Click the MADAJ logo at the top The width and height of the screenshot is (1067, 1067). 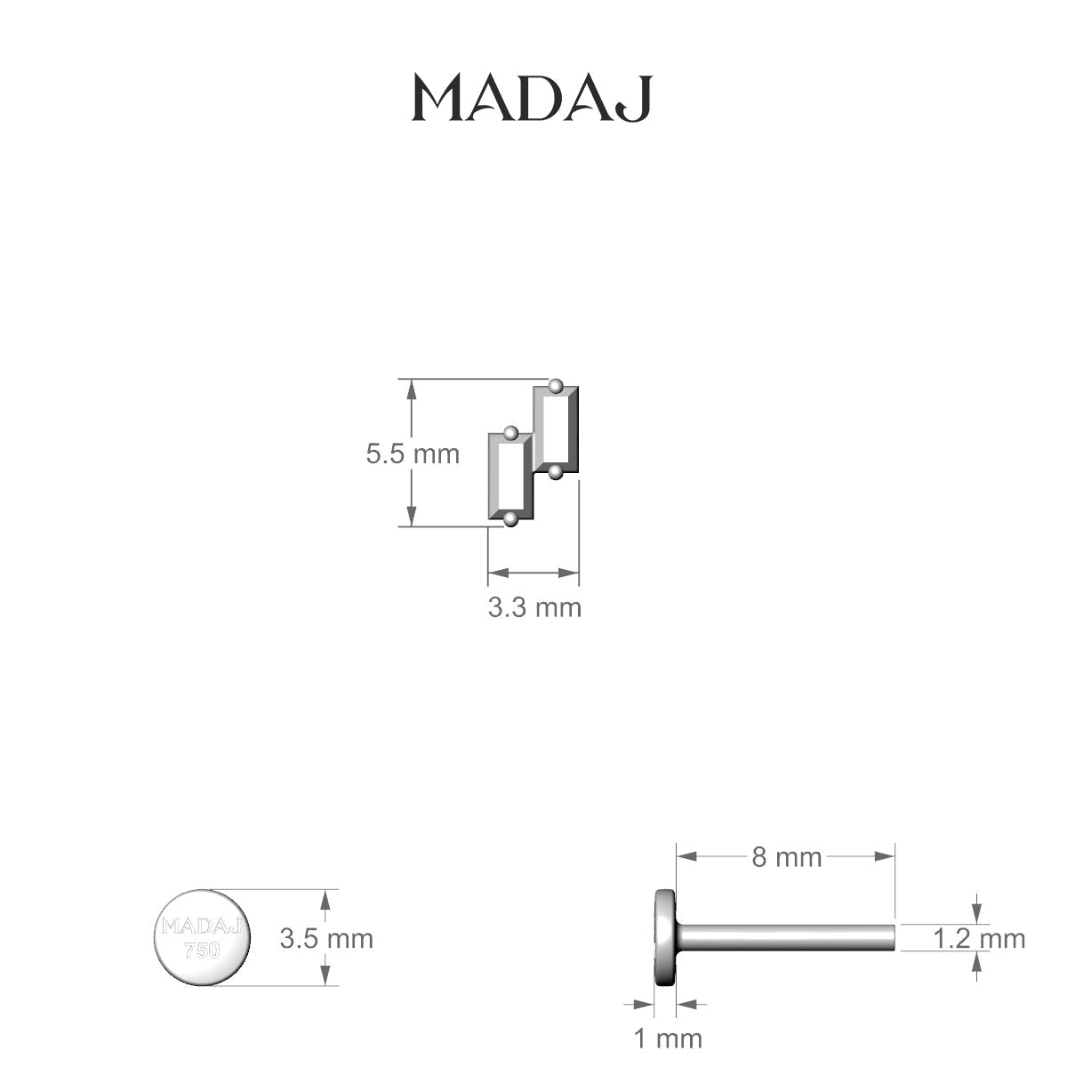click(x=532, y=99)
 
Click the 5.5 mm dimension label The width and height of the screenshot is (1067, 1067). click(x=413, y=454)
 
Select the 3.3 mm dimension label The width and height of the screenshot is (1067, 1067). click(x=534, y=607)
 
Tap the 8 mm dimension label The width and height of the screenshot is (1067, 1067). click(x=786, y=858)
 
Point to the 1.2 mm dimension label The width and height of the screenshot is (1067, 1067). click(x=979, y=939)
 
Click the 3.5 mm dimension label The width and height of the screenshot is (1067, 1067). click(x=326, y=939)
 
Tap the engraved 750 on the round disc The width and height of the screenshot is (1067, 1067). click(x=202, y=951)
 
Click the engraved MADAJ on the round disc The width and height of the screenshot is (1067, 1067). click(x=202, y=926)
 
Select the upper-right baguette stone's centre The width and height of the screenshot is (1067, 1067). click(x=556, y=429)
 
